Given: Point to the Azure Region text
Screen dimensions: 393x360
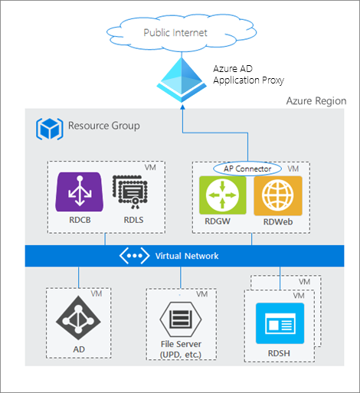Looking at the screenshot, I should pyautogui.click(x=316, y=101).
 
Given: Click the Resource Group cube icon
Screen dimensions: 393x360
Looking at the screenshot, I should pyautogui.click(x=48, y=127).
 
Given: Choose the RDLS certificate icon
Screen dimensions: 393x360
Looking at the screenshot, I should pyautogui.click(x=128, y=194).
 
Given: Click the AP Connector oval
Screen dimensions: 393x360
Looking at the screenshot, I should pyautogui.click(x=247, y=168).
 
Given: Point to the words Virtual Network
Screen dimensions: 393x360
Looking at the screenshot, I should pyautogui.click(x=187, y=256).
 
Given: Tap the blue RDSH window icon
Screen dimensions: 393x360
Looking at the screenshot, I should pyautogui.click(x=279, y=323).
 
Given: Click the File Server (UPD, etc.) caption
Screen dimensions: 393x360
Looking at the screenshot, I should pyautogui.click(x=180, y=349).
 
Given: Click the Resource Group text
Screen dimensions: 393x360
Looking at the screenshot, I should pyautogui.click(x=103, y=126).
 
